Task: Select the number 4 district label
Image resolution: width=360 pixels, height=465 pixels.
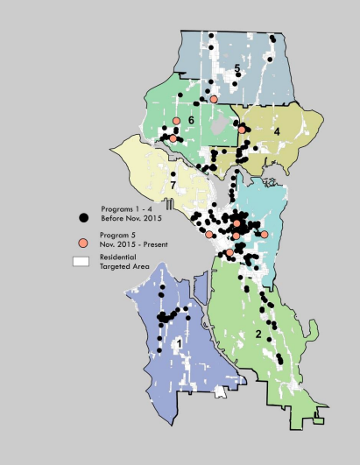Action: [276, 130]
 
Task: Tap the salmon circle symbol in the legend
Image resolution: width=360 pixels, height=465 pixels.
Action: [82, 243]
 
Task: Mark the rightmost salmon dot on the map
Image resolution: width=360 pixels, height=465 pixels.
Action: [265, 235]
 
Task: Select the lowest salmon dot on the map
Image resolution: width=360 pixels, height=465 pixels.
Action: [229, 253]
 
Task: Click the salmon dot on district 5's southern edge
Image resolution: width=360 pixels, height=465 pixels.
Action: [214, 100]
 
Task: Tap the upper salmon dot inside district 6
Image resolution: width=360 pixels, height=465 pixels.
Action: [177, 121]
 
